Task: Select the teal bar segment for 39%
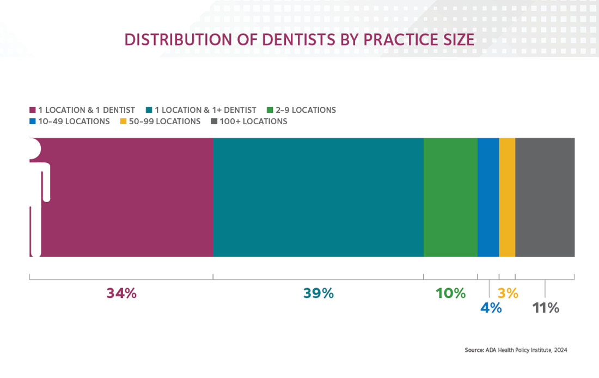point(318,197)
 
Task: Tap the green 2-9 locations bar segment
point(450,197)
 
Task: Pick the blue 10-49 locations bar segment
point(488,197)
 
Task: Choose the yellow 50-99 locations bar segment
point(507,197)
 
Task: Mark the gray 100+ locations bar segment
point(545,197)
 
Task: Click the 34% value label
point(121,293)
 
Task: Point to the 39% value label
point(318,293)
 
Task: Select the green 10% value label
point(450,293)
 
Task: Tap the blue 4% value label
point(491,308)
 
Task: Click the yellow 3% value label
point(508,293)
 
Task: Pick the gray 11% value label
point(546,308)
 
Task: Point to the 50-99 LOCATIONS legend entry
point(164,121)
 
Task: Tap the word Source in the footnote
point(474,350)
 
